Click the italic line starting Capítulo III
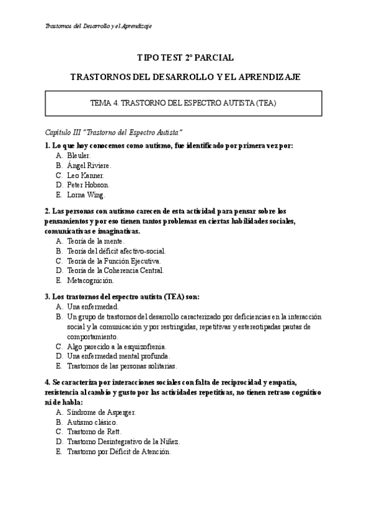(x=113, y=133)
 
